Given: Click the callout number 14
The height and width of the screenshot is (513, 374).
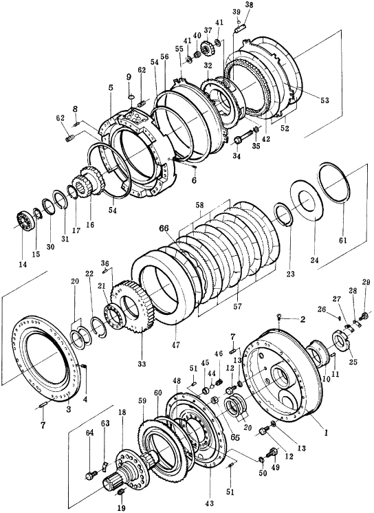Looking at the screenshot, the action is pos(22,264).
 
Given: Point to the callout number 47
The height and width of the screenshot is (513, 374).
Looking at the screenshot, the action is pos(176,345).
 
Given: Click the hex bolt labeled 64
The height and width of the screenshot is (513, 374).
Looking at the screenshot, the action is pos(91,474).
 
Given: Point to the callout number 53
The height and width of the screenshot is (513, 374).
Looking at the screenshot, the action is pos(324,100).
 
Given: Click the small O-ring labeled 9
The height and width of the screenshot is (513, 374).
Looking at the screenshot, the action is pos(130,96).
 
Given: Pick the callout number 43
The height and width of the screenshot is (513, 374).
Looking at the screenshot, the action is pos(210,503).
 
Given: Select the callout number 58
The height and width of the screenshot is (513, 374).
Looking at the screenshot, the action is pos(199,206).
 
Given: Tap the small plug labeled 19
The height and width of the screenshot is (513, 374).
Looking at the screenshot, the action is pos(120,492).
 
